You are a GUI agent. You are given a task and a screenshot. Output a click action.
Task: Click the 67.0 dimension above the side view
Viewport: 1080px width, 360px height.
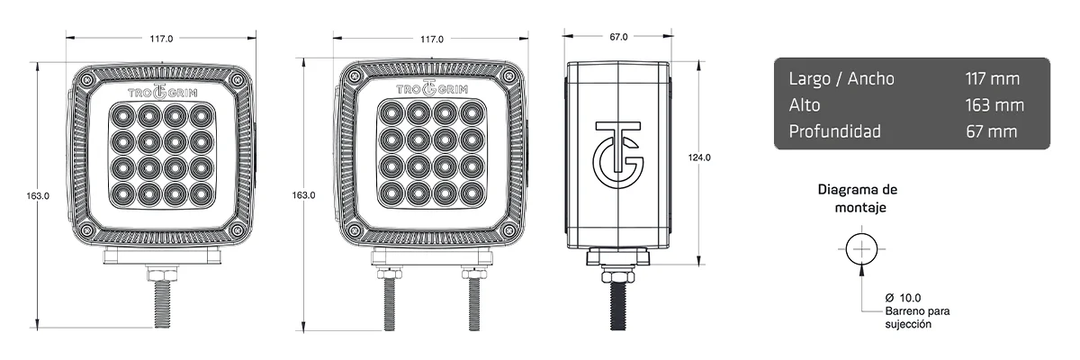point(618,37)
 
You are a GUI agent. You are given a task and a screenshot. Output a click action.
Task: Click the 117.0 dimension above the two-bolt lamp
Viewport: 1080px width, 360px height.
point(431,39)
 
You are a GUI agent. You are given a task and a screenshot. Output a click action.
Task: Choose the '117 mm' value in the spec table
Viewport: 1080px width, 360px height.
point(991,78)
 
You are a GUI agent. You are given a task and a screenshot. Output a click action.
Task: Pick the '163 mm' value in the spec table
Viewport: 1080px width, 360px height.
point(994,105)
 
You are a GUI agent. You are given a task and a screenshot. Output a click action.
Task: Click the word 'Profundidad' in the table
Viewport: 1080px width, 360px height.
point(834,131)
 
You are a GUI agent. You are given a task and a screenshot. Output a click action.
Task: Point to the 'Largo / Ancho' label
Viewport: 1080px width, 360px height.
point(841,78)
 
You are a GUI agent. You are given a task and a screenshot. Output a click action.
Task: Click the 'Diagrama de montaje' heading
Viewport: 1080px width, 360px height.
point(857,198)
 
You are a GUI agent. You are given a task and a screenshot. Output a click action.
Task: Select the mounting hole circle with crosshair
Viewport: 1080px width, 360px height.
point(862,248)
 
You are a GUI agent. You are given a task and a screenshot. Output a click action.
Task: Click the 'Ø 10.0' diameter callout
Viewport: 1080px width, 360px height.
point(903,297)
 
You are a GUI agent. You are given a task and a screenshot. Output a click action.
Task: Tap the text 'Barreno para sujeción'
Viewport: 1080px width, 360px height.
point(917,317)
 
